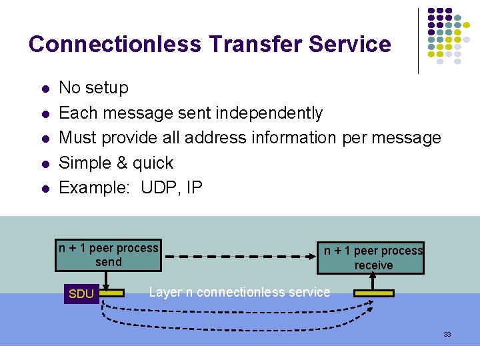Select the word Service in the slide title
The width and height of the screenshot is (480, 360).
click(x=350, y=44)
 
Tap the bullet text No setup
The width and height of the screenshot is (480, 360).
click(x=93, y=87)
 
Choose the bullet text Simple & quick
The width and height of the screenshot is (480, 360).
click(x=116, y=163)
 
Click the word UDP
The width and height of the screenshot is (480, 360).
click(x=160, y=187)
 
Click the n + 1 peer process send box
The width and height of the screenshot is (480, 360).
click(x=108, y=255)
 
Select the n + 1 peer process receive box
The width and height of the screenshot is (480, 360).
click(x=373, y=258)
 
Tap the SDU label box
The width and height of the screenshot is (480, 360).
click(x=81, y=294)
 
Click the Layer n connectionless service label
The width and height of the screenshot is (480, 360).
click(x=239, y=292)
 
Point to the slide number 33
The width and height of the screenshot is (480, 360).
click(x=447, y=334)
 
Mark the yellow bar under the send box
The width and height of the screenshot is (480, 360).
click(x=113, y=293)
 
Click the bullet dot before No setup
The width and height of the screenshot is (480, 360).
click(x=44, y=89)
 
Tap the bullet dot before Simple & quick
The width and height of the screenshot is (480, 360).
click(x=44, y=164)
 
